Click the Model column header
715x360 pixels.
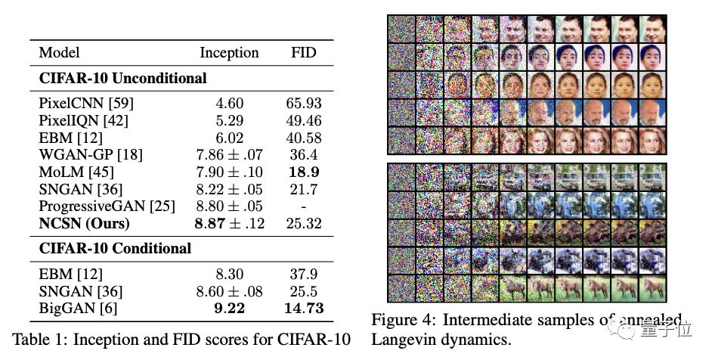[x=59, y=53]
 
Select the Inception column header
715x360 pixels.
[x=229, y=53]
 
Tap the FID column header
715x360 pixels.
[x=304, y=53]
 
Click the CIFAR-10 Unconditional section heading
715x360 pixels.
[x=123, y=78]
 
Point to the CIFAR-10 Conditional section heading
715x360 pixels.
[x=115, y=248]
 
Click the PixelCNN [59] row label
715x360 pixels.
[x=79, y=104]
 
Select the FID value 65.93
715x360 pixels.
[x=304, y=104]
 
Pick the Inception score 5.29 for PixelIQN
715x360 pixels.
[x=229, y=121]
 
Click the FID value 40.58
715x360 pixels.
[x=304, y=138]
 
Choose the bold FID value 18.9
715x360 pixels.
[x=304, y=172]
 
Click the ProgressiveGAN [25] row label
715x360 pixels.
[x=107, y=206]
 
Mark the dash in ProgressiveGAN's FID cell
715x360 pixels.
[x=304, y=206]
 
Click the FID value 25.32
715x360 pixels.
[x=304, y=223]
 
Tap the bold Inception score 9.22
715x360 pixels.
[x=229, y=308]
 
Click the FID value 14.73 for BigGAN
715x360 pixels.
[x=304, y=308]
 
